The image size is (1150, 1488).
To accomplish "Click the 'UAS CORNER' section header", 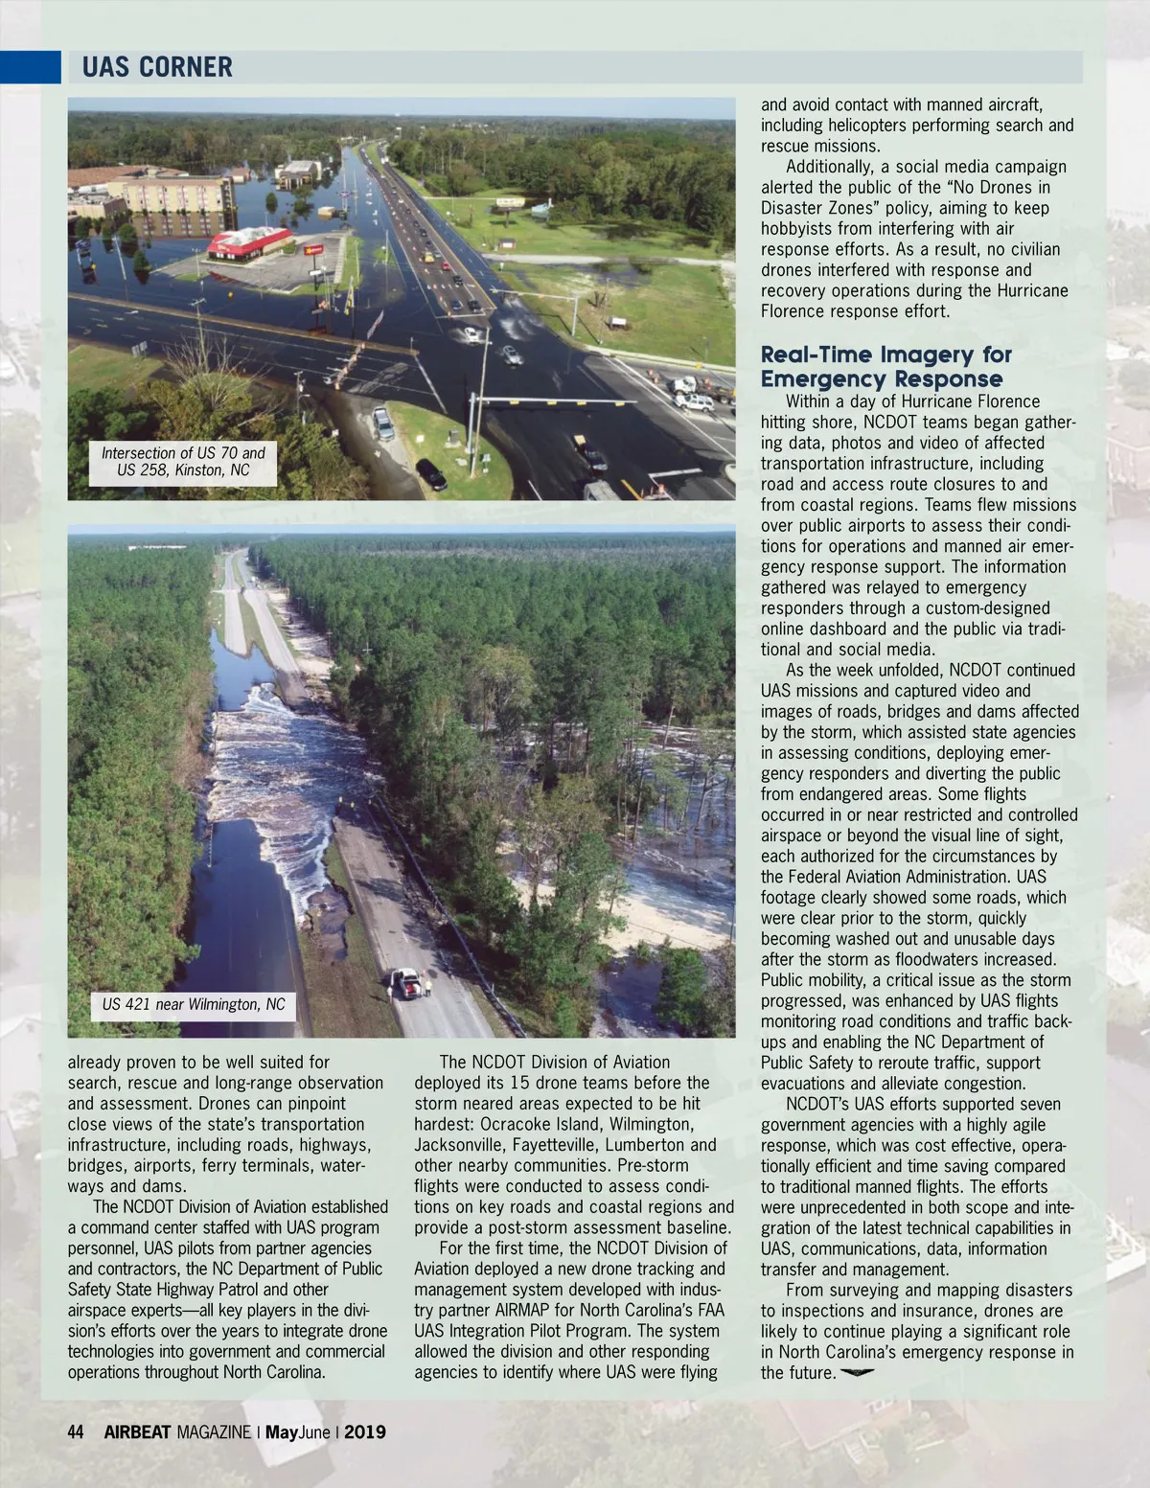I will click(x=157, y=67).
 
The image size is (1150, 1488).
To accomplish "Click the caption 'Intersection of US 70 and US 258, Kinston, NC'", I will click(x=183, y=461).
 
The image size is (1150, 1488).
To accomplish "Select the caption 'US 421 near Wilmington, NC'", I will click(x=194, y=1004).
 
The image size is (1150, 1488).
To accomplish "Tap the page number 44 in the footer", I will click(x=76, y=1431).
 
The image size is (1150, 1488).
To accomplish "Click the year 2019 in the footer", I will click(x=365, y=1431).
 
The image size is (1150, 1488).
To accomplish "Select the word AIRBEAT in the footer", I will click(x=137, y=1431).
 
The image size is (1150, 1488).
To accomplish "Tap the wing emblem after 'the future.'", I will click(x=858, y=1372).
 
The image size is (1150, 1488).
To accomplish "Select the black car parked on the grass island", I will click(x=431, y=473).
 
